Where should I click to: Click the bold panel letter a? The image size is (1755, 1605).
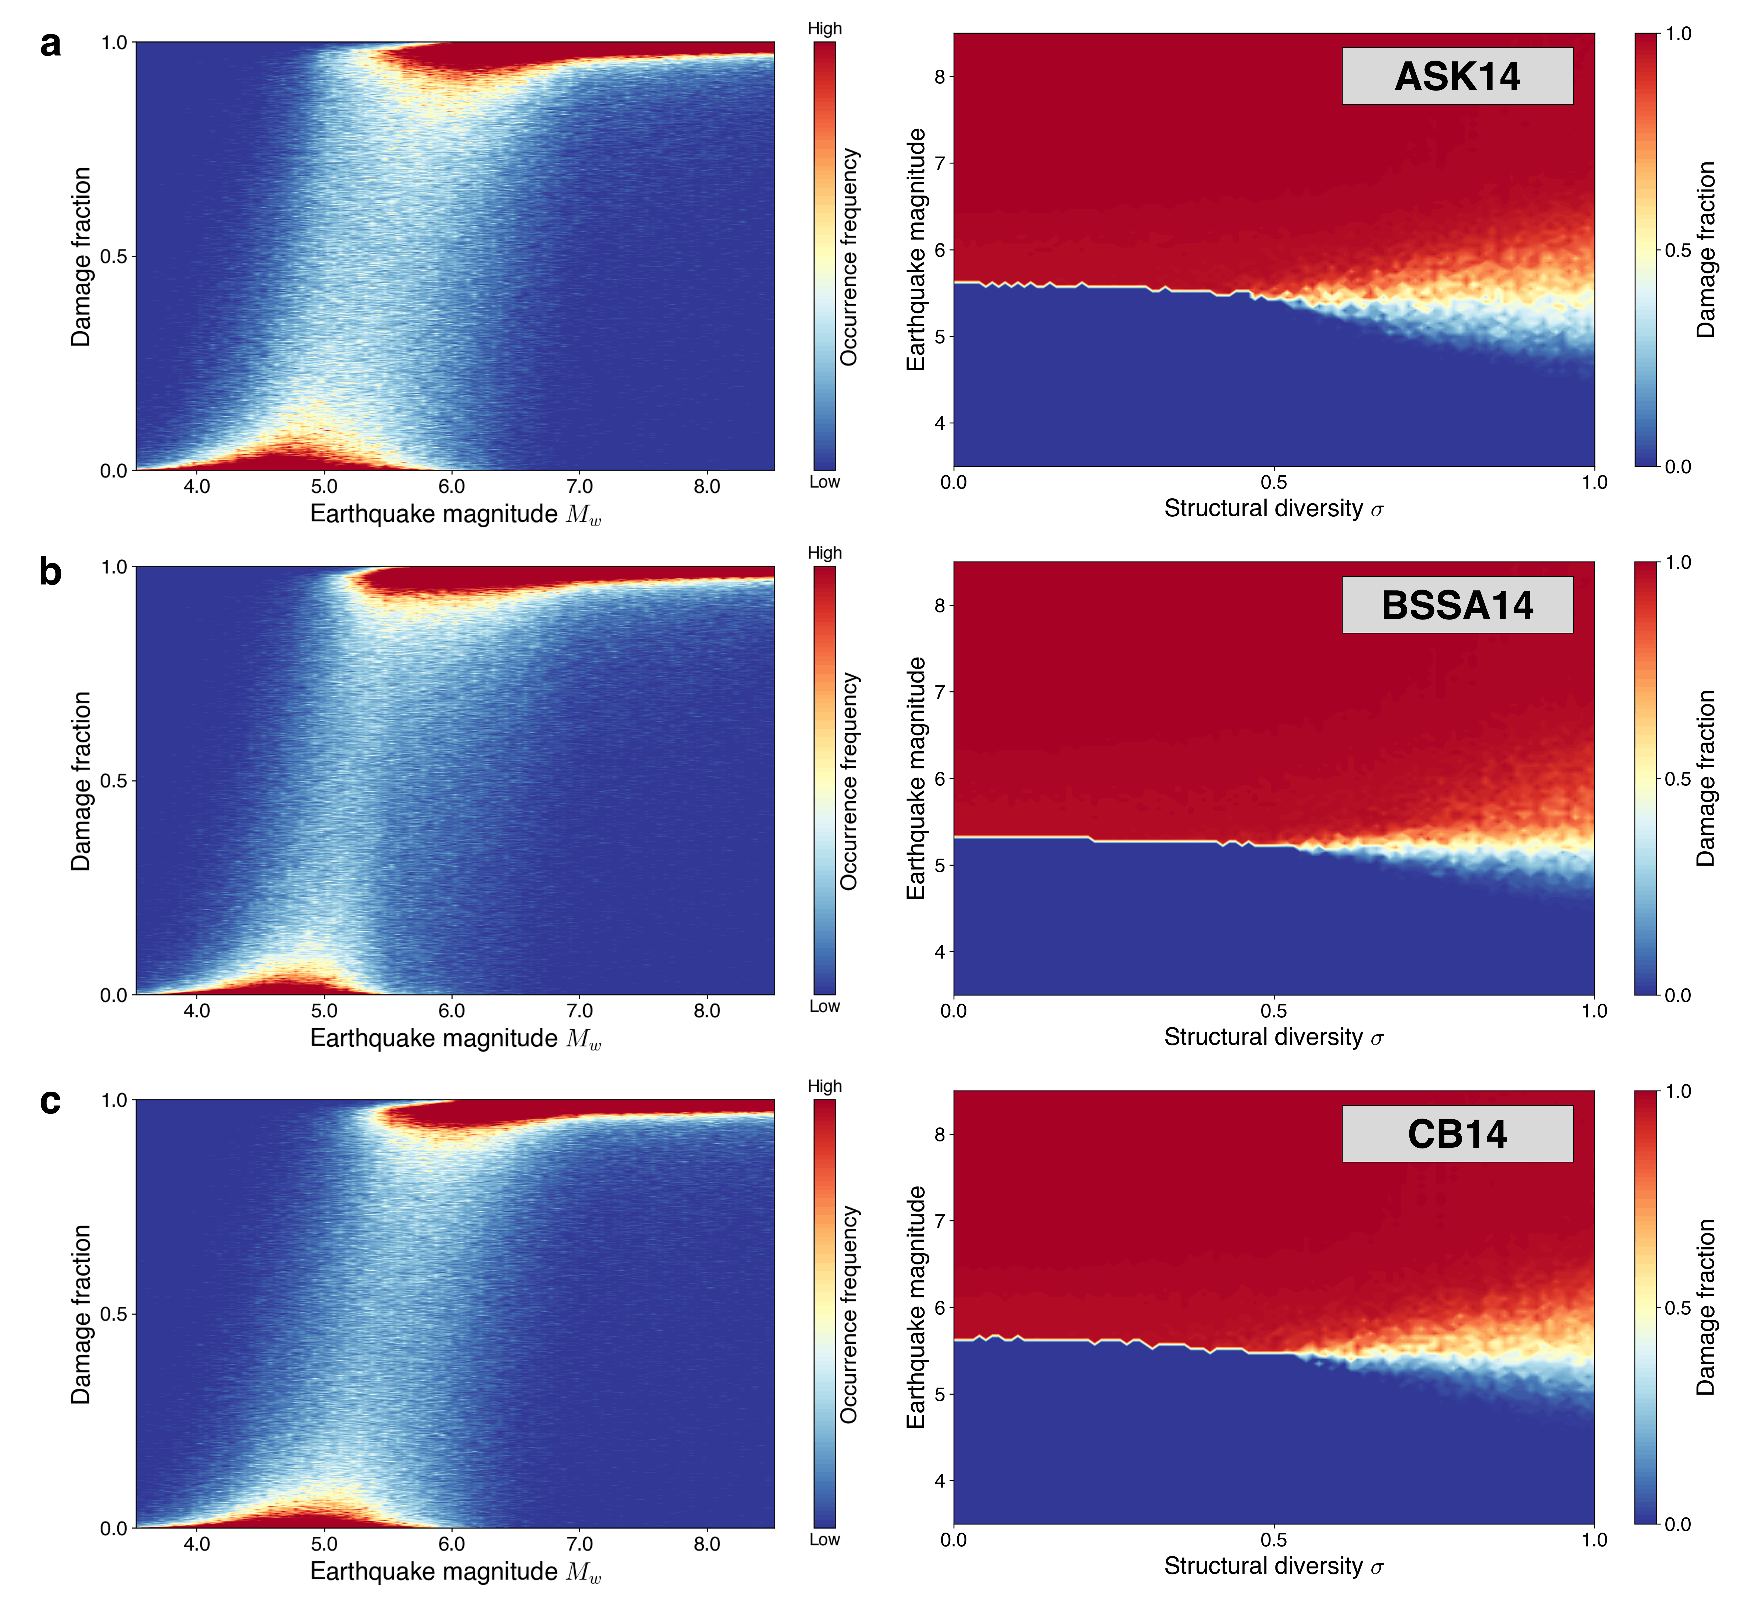coord(50,44)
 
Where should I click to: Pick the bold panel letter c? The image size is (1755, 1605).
coord(50,1101)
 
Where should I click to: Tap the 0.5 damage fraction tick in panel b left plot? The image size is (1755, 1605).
coord(113,781)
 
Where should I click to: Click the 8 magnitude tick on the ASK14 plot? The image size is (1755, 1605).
coord(939,76)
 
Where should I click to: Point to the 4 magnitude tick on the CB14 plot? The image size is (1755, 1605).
coord(939,1481)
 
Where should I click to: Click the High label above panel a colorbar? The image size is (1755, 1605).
coord(824,29)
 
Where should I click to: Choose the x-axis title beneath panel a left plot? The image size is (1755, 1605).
coord(455,514)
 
